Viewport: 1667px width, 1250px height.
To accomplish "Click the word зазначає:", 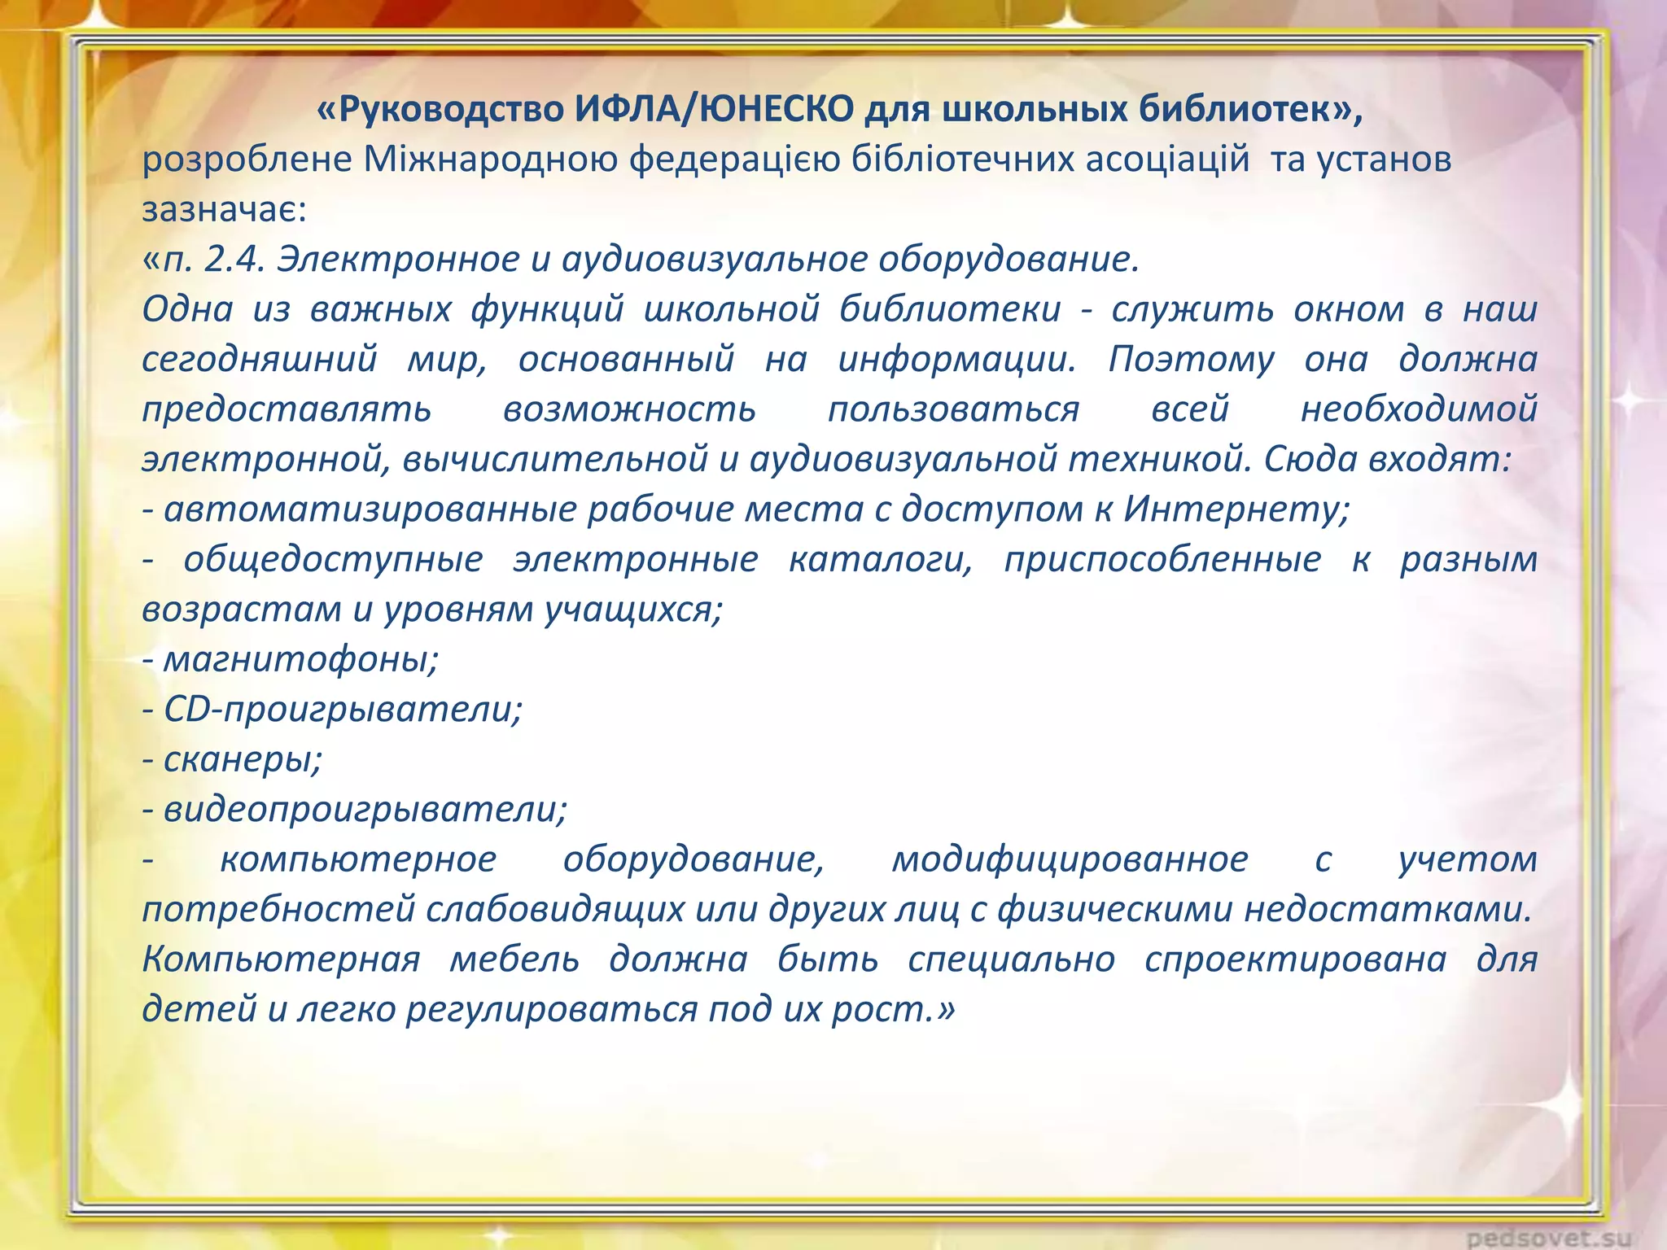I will pyautogui.click(x=224, y=210).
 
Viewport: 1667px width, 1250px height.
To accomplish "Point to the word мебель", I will pyautogui.click(x=514, y=959).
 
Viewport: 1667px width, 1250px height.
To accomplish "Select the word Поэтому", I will pyautogui.click(x=1191, y=360).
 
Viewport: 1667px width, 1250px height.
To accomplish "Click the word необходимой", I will pyautogui.click(x=1419, y=409).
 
